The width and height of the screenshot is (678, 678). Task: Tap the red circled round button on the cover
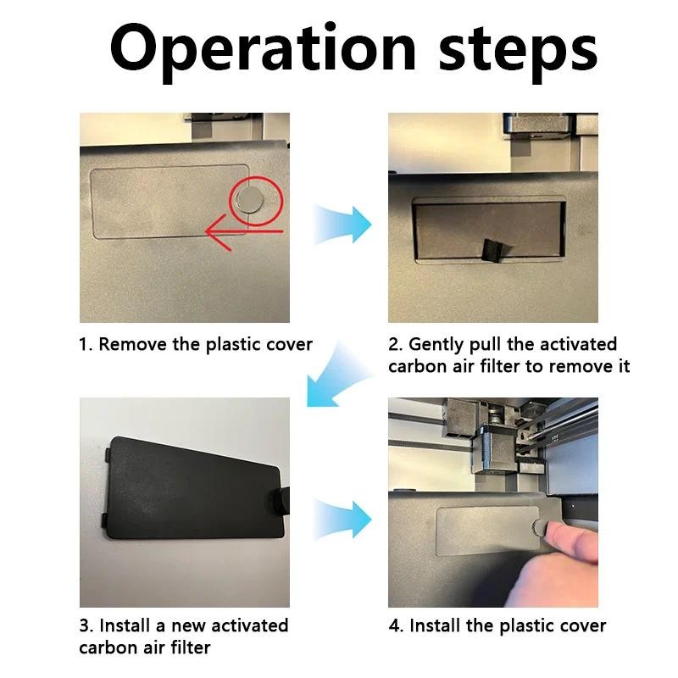point(250,200)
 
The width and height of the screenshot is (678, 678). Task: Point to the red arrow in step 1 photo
point(243,232)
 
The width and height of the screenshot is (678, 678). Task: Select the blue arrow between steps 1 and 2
point(342,225)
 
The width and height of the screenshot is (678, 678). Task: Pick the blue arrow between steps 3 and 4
point(342,520)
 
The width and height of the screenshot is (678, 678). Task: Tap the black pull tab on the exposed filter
point(494,251)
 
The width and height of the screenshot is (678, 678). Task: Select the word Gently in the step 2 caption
point(436,346)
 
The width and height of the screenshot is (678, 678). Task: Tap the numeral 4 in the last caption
point(394,625)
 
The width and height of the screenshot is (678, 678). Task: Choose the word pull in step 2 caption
point(486,346)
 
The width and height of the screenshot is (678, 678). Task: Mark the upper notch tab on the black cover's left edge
point(108,455)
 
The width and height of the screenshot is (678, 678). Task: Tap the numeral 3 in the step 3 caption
point(84,625)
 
